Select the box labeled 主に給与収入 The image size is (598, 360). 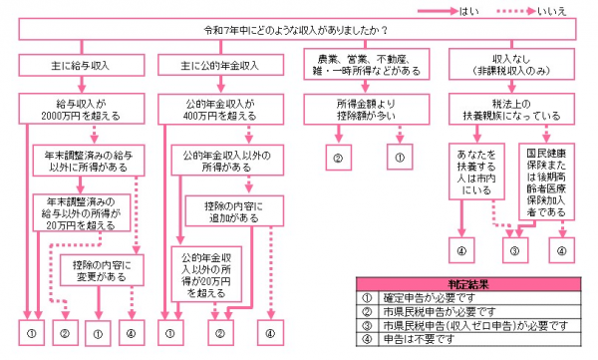point(80,66)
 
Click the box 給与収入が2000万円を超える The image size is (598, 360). point(80,108)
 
